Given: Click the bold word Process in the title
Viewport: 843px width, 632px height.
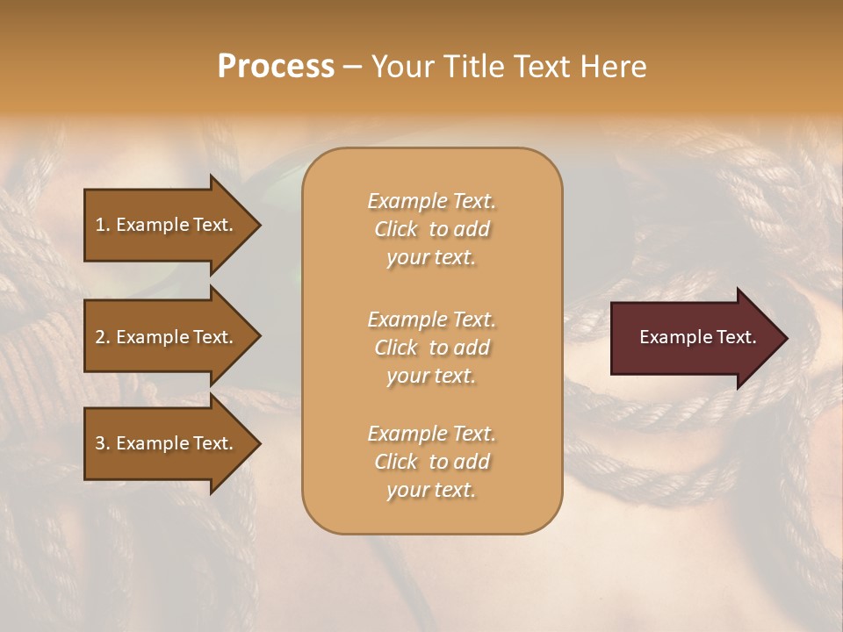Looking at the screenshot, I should pos(276,67).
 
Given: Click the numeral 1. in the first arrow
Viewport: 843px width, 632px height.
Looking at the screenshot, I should pos(103,225).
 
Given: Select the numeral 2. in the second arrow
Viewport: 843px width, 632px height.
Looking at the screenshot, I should pos(103,337).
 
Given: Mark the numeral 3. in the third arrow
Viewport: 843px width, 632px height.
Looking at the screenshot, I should pos(103,443).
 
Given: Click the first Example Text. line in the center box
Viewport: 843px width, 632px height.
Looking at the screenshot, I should pos(431,201).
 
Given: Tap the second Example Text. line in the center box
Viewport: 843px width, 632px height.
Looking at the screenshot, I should pos(431,320).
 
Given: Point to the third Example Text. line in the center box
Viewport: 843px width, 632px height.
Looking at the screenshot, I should pos(431,434).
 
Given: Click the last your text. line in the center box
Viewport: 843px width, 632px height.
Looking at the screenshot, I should pos(431,490).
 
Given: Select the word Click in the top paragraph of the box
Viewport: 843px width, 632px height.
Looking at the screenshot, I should pos(396,229).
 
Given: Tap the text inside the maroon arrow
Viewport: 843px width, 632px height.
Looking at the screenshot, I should pos(697,337).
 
